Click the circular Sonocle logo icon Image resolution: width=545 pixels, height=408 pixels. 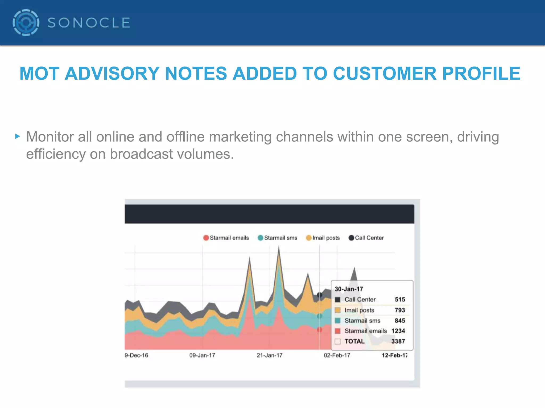click(x=26, y=23)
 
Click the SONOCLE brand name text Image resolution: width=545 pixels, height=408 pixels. click(x=89, y=23)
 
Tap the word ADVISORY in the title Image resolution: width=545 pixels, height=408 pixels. click(x=112, y=73)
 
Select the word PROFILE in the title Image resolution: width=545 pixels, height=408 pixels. click(x=481, y=73)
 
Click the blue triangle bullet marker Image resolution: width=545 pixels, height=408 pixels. click(x=18, y=137)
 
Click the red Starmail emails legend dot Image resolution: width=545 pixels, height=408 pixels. click(x=206, y=238)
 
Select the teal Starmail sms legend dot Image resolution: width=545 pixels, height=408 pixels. click(x=260, y=238)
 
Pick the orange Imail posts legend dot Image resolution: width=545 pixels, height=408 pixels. click(x=308, y=238)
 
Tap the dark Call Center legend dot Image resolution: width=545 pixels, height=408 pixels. click(x=351, y=238)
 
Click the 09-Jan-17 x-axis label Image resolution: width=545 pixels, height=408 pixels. click(x=202, y=355)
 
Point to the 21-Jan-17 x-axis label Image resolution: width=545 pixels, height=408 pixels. click(x=269, y=355)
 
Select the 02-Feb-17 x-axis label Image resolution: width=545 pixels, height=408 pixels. click(x=337, y=355)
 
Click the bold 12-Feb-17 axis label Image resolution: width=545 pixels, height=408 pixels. click(x=394, y=355)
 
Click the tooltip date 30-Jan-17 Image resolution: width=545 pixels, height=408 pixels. click(x=349, y=289)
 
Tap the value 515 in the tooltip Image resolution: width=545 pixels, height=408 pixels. click(x=400, y=300)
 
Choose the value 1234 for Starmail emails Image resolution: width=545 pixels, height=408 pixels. click(x=398, y=331)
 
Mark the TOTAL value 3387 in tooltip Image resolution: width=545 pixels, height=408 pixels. click(x=398, y=341)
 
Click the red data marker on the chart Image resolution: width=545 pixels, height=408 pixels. click(x=320, y=330)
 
